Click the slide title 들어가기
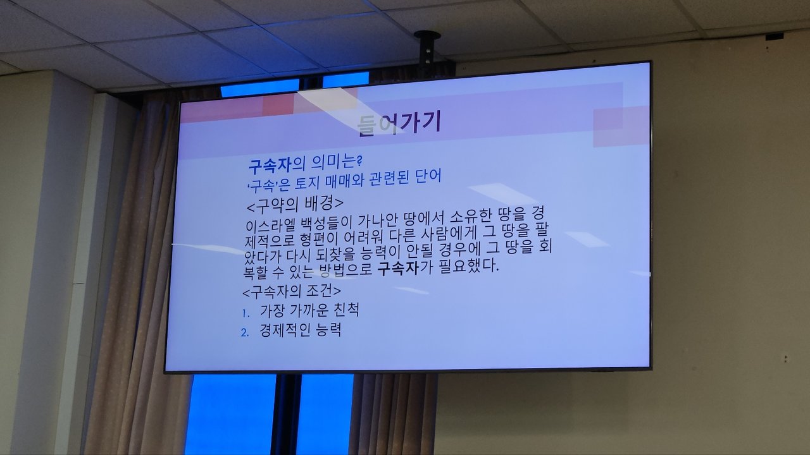[399, 123]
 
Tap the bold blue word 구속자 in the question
[270, 165]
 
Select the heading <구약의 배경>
[295, 204]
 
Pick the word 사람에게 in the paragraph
[449, 234]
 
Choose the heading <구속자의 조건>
[292, 291]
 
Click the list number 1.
[246, 313]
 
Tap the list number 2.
[245, 332]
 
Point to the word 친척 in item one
[347, 310]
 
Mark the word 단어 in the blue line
[429, 176]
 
